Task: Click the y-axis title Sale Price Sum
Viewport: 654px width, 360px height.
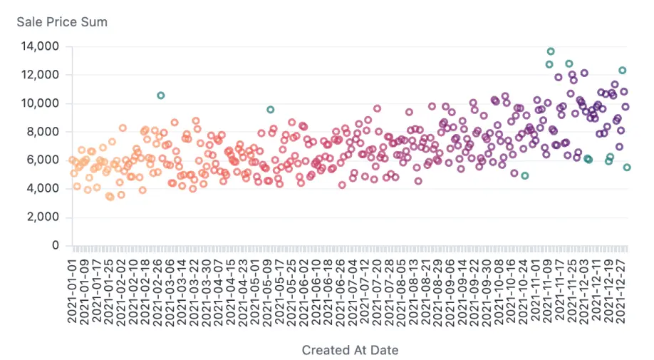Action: coord(62,22)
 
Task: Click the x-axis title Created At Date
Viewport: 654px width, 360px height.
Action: coord(350,350)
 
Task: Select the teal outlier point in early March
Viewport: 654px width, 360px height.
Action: coord(161,96)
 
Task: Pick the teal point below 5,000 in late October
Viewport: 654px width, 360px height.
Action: coord(525,175)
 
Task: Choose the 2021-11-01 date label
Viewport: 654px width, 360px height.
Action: coord(536,288)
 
